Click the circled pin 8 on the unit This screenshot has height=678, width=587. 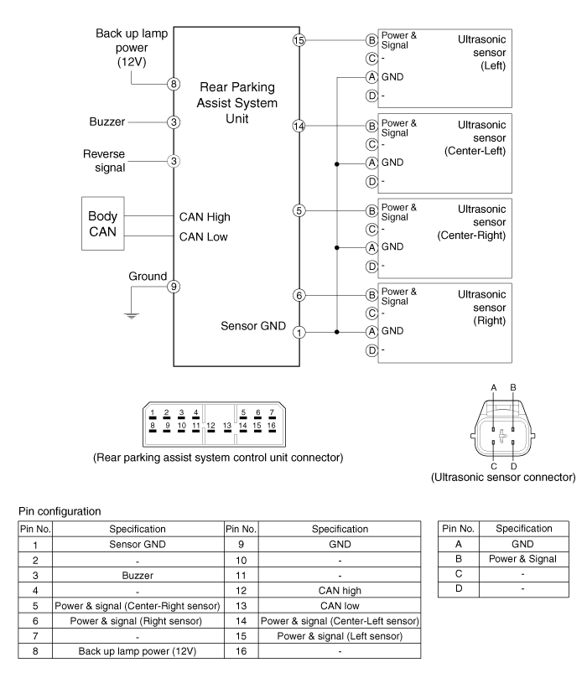click(174, 84)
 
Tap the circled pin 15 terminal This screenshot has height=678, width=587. click(299, 40)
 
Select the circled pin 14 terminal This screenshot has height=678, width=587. click(299, 126)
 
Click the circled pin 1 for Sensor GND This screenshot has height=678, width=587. click(299, 332)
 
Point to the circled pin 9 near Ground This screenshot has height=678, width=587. click(174, 287)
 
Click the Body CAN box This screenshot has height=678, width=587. click(103, 224)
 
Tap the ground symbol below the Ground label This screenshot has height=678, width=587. click(132, 315)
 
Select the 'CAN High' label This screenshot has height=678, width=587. click(205, 216)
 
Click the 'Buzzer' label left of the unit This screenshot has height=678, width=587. click(106, 122)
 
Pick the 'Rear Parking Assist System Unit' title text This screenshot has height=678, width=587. click(237, 103)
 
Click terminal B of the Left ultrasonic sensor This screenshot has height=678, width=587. click(371, 40)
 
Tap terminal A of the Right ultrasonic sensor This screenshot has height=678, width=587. click(371, 332)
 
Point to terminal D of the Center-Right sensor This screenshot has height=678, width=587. click(371, 267)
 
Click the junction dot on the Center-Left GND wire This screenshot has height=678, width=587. click(337, 164)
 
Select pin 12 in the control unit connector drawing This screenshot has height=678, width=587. click(210, 426)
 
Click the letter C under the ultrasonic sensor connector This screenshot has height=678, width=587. click(494, 466)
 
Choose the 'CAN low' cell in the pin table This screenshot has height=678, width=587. click(340, 605)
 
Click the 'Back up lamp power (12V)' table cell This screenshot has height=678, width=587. click(138, 650)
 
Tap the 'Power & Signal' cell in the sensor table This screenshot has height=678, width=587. click(522, 559)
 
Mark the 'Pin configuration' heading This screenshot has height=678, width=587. click(60, 511)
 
